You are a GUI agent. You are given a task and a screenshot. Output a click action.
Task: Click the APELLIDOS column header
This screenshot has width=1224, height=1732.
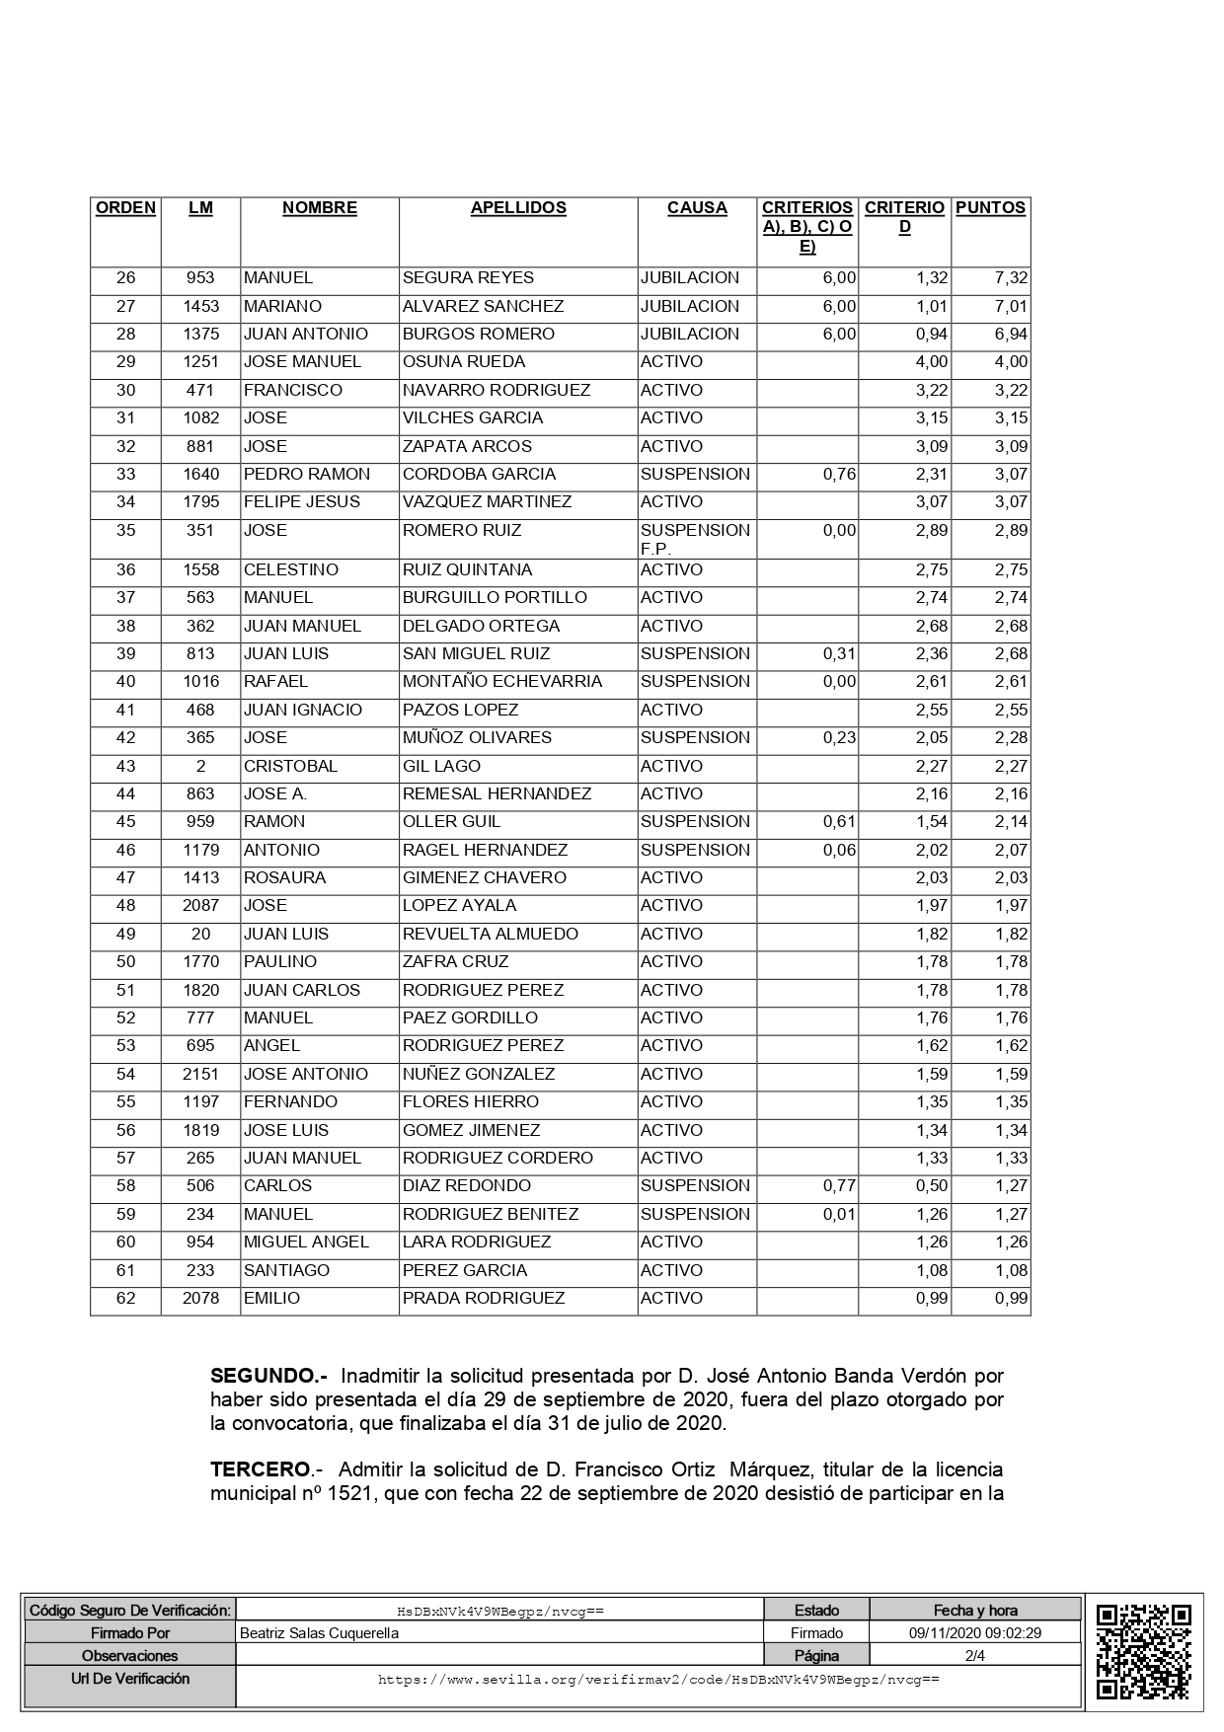coord(518,208)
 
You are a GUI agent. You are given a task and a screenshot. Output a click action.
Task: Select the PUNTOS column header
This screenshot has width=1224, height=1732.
coord(990,208)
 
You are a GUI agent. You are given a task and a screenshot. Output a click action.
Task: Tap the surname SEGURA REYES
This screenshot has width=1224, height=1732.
coord(468,278)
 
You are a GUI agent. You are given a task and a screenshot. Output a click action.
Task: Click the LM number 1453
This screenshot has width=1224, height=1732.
coord(200,306)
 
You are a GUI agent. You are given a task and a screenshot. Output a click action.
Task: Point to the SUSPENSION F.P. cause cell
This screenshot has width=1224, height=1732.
coord(695,539)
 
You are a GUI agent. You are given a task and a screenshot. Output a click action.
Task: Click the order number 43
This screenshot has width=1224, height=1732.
coord(125,766)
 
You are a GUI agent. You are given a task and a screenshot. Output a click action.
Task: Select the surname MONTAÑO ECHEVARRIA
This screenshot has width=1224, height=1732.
coord(501,682)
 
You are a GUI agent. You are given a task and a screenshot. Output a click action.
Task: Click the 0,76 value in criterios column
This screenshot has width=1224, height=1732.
coord(839,474)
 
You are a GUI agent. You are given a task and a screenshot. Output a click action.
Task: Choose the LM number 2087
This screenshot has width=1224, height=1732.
coord(200,906)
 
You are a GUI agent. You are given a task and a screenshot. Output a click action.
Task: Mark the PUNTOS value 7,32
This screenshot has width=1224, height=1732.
coord(1011,278)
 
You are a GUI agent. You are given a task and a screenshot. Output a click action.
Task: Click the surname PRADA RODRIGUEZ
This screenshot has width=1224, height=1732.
coord(484,1298)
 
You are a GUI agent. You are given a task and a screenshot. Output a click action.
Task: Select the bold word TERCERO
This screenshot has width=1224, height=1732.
coord(260,1470)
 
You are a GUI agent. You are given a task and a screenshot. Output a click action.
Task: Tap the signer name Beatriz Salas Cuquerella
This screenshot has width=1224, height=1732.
coord(320,1633)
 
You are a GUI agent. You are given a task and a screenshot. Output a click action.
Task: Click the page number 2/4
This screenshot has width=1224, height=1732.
coord(974,1656)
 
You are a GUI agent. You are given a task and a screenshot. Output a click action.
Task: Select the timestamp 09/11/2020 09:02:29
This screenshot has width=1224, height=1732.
coord(974,1633)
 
